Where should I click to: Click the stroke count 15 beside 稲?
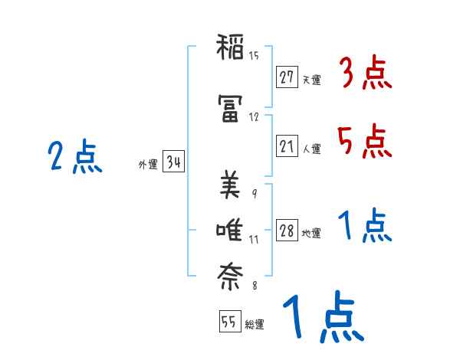pos(254,56)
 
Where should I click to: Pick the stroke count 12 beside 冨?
pos(254,117)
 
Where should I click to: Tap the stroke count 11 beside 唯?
pos(254,240)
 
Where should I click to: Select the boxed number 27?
pos(287,77)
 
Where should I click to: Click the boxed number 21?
pos(287,146)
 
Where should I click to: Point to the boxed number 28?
pos(287,231)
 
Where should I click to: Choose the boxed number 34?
pos(172,162)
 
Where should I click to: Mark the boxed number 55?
pos(228,322)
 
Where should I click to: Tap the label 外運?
pos(147,165)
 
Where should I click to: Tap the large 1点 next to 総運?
pos(322,318)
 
